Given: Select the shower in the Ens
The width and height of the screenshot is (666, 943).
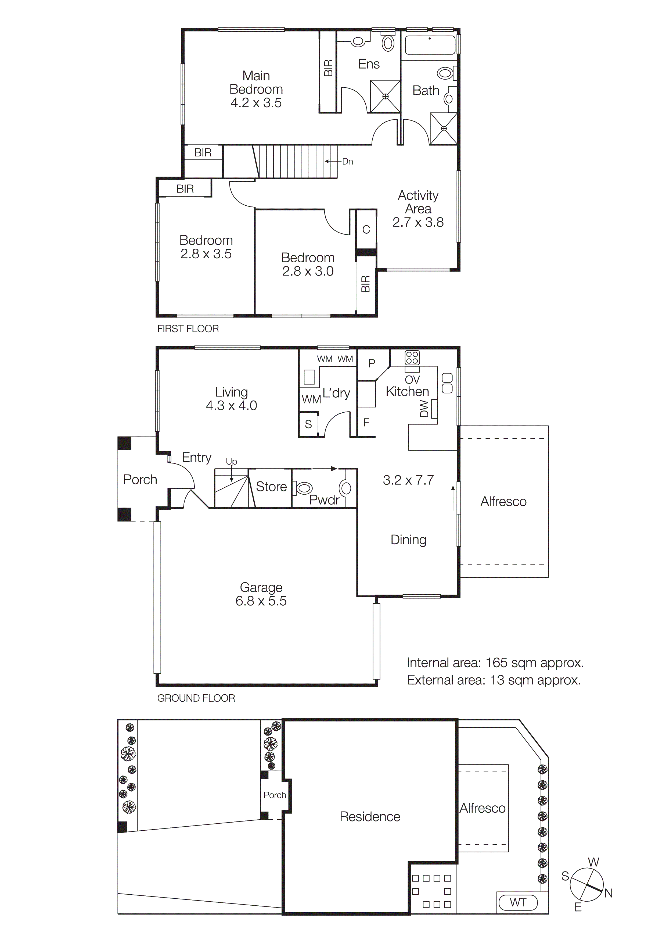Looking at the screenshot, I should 385,96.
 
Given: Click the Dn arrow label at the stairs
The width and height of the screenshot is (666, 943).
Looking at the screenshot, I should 347,161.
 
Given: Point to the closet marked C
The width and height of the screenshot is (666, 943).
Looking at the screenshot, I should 366,230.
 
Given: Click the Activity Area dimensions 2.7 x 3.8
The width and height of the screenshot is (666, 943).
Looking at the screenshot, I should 418,222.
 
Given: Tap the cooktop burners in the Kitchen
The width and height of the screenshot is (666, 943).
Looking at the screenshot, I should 412,357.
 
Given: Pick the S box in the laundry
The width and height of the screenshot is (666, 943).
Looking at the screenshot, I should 308,424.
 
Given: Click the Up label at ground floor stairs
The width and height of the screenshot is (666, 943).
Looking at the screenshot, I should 231,462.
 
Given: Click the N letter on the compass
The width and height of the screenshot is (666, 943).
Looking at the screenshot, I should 608,893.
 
